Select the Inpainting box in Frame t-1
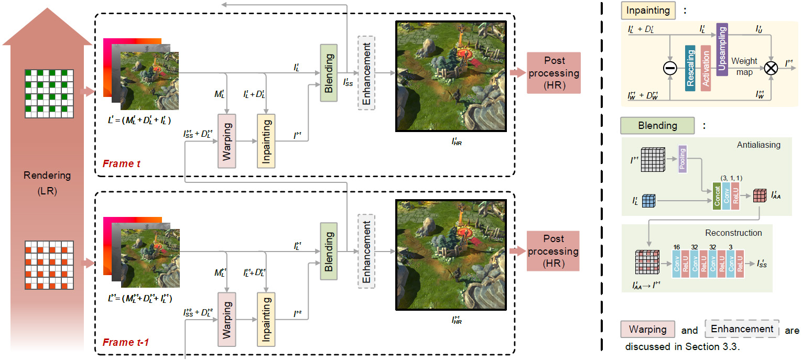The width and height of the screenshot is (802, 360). [266, 319]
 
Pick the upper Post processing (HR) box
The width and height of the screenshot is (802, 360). [553, 72]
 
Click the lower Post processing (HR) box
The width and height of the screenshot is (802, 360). [553, 251]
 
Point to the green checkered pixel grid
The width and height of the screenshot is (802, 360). [49, 93]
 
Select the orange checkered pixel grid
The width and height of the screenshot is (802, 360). [49, 265]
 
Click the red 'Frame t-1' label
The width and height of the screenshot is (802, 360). [126, 342]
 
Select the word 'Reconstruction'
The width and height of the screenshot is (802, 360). [733, 232]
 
